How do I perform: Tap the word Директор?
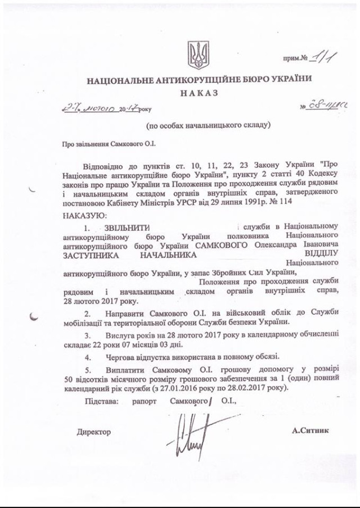click(x=94, y=432)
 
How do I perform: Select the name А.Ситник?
click(x=310, y=431)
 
